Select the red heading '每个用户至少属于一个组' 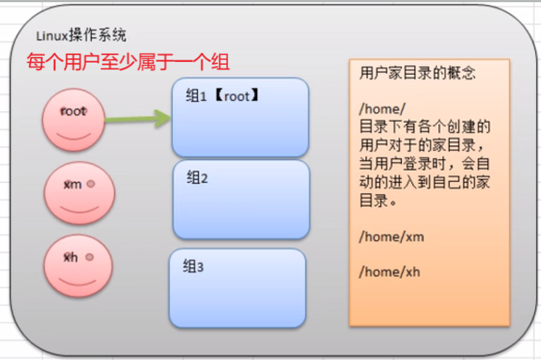(x=128, y=61)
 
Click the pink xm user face (x=79, y=191)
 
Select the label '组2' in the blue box (x=198, y=177)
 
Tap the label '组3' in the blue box (x=193, y=267)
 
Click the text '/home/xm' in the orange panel (x=391, y=237)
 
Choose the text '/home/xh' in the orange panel (x=389, y=272)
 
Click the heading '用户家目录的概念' (x=417, y=74)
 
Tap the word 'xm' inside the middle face (x=72, y=184)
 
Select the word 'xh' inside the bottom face (x=71, y=258)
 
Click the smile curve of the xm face (x=79, y=208)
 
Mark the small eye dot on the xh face (x=88, y=258)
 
